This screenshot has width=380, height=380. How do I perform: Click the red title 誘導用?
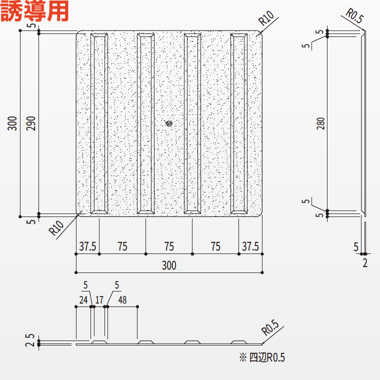point(34,12)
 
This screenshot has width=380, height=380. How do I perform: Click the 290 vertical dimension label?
point(31,123)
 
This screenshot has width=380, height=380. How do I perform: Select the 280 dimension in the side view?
point(320,123)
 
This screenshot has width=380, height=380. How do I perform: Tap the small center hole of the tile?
point(169,122)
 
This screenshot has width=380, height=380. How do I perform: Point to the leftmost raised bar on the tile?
point(99,123)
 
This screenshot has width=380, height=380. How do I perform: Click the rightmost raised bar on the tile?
point(239,123)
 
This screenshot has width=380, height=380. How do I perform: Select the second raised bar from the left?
point(145,123)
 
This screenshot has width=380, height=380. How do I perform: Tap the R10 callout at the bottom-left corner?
point(56,228)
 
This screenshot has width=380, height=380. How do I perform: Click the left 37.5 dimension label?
point(87,246)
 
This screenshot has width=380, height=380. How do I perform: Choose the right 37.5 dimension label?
point(250,246)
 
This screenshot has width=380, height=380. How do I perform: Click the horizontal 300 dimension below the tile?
point(169,265)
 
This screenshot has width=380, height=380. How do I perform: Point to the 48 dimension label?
point(122,300)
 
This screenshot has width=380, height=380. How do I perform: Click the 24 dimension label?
point(83,300)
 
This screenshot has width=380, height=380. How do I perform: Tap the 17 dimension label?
point(99,300)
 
